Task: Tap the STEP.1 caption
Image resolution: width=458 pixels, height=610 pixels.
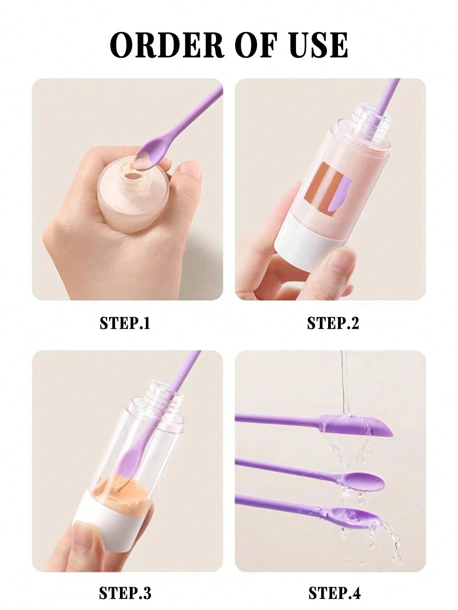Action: [125, 323]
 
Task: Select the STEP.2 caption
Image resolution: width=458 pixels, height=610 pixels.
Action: [333, 323]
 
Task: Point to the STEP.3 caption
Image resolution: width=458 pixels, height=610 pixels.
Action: [125, 594]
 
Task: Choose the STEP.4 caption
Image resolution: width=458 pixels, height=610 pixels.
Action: [334, 594]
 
